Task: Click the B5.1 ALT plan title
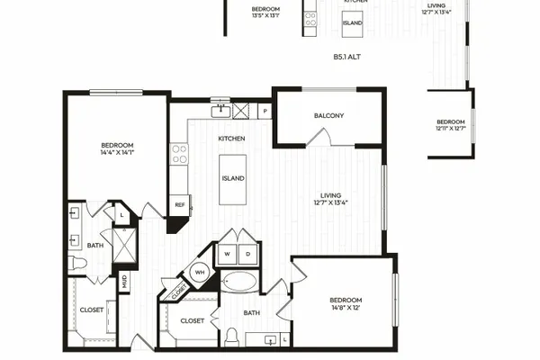tap(346, 57)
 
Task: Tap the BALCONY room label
tap(328, 116)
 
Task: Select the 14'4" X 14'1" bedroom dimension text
tap(117, 152)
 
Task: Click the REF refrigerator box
tap(179, 205)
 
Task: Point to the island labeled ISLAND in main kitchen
tap(233, 179)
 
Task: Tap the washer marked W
tap(228, 254)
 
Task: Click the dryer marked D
tap(248, 254)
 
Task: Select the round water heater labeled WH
tap(200, 272)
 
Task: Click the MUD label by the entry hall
tap(124, 282)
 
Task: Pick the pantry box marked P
tap(265, 111)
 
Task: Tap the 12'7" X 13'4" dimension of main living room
tap(330, 202)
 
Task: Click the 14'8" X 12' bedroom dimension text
tap(346, 307)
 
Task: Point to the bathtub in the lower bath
tap(239, 282)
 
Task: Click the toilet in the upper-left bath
tap(77, 263)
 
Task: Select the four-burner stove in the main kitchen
tap(179, 154)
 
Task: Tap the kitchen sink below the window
tap(220, 112)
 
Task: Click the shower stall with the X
tap(125, 245)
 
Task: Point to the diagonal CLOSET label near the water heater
tap(179, 292)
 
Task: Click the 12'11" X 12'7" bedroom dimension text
tap(451, 129)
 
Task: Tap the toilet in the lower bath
tap(232, 337)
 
